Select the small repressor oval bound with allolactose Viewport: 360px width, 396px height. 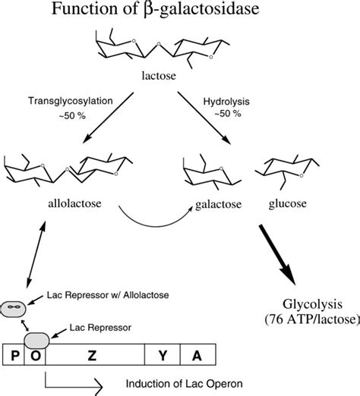pos(14,307)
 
